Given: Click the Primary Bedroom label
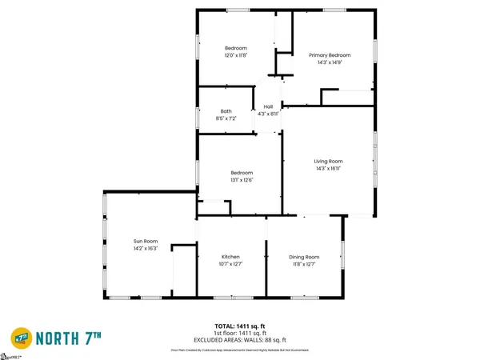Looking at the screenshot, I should [x=330, y=54].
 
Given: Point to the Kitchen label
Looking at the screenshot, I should [x=230, y=257].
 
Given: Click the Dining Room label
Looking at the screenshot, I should [x=304, y=257].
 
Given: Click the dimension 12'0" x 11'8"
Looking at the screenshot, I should [x=235, y=55].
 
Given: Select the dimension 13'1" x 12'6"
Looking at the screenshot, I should [x=242, y=180].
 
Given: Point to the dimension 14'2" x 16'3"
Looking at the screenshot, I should [x=145, y=248].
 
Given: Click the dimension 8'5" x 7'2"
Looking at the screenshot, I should [x=226, y=118].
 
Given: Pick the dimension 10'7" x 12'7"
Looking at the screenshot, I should [x=230, y=264].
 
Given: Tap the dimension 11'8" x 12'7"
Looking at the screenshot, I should [x=304, y=264].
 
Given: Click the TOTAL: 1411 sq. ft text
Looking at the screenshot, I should [x=240, y=326].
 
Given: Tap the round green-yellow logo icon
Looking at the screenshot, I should [x=22, y=336].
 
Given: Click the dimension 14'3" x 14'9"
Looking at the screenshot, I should [x=330, y=62].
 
